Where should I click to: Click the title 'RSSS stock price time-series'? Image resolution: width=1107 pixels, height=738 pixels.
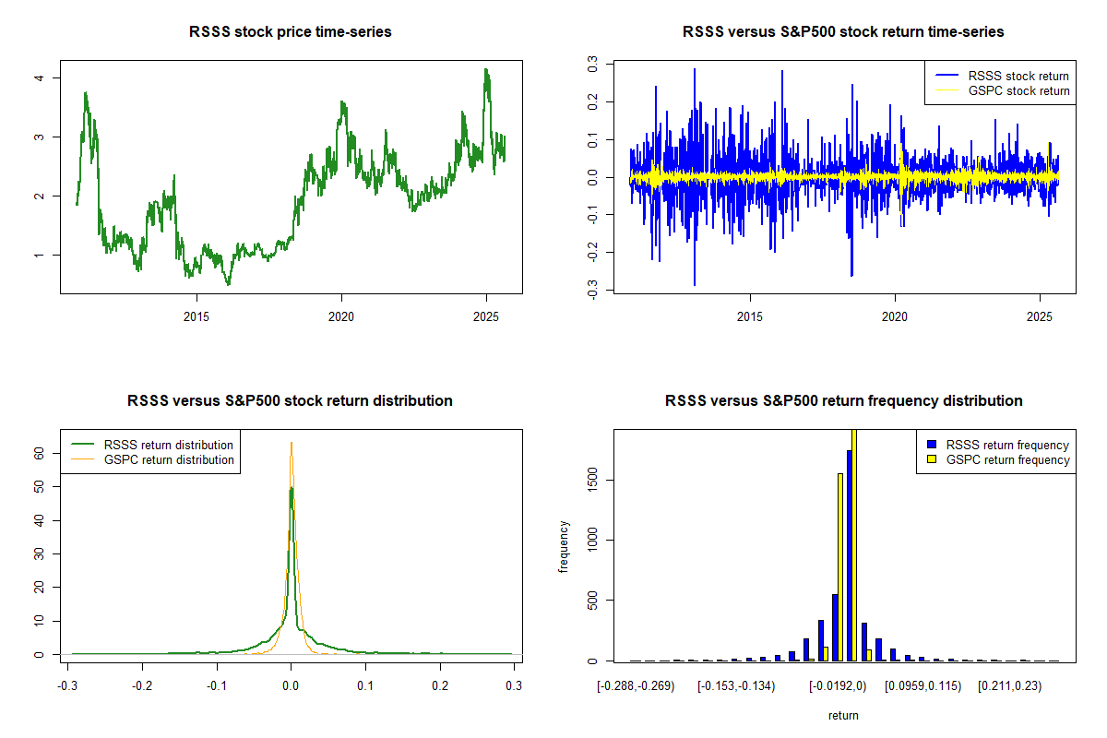pyautogui.click(x=291, y=32)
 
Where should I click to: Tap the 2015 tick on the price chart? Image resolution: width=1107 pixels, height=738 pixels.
pyautogui.click(x=196, y=315)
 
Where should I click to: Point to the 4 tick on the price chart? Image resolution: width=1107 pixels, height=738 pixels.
pyautogui.click(x=39, y=77)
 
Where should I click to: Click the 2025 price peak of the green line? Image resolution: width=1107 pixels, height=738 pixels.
pyautogui.click(x=486, y=70)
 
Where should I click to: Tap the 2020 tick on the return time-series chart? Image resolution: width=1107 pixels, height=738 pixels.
pyautogui.click(x=895, y=315)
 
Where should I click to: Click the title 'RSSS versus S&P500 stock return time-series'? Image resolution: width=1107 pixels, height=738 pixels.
pyautogui.click(x=843, y=32)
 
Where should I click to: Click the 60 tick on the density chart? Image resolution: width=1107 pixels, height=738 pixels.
pyautogui.click(x=39, y=454)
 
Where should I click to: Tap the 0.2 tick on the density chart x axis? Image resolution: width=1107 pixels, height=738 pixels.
pyautogui.click(x=440, y=685)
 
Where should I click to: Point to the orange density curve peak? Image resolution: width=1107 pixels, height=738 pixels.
pyautogui.click(x=292, y=444)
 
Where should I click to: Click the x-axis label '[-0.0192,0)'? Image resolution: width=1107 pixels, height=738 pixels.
pyautogui.click(x=838, y=685)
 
